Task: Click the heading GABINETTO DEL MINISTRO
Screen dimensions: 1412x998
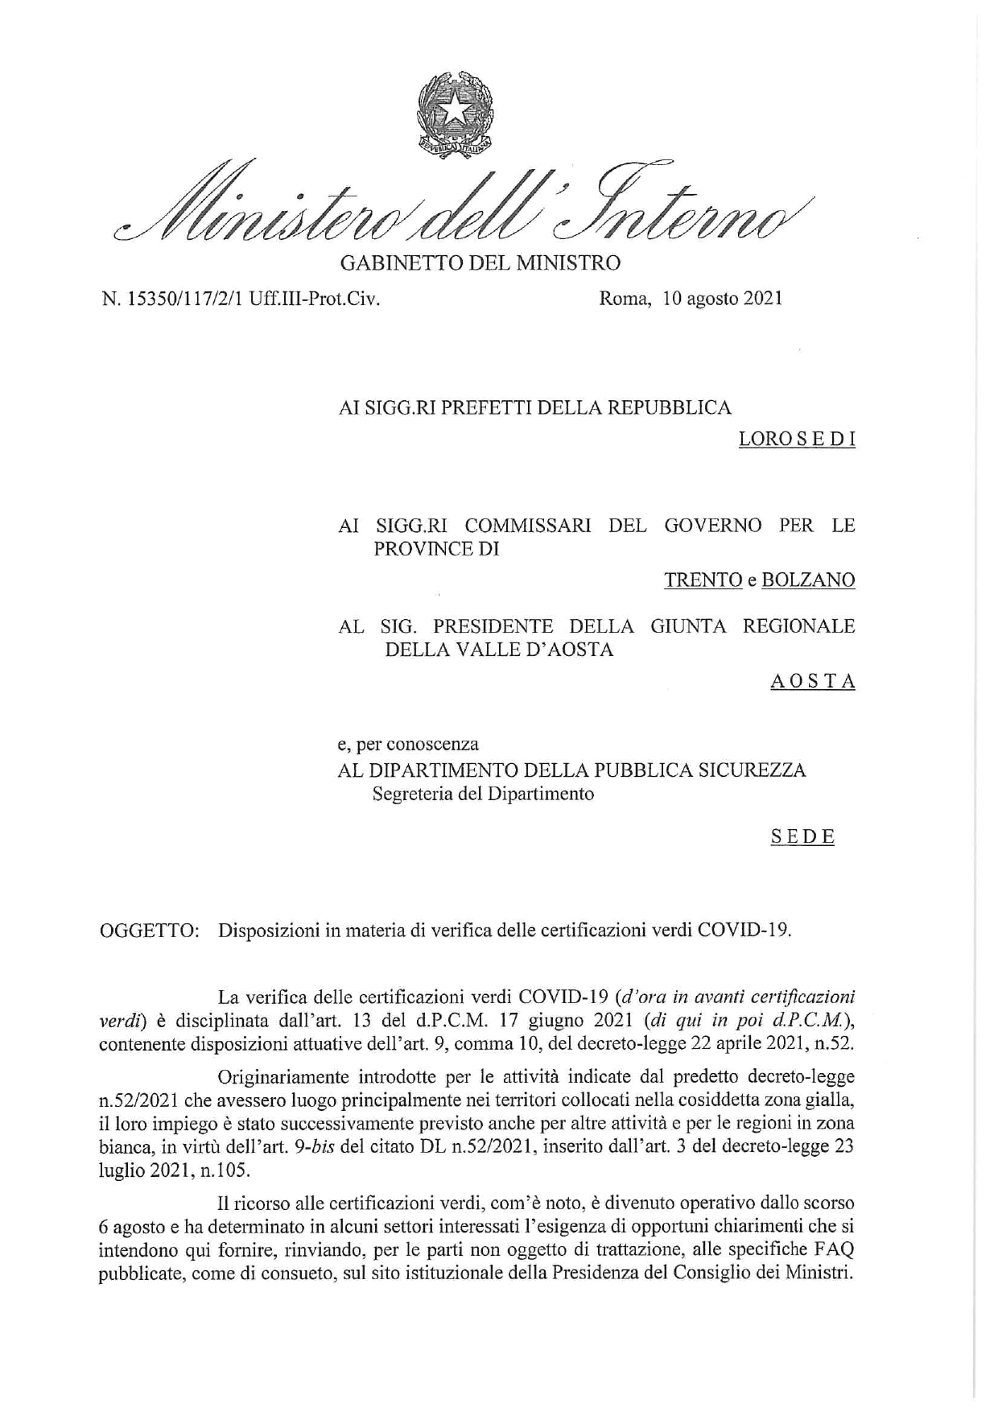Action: click(481, 262)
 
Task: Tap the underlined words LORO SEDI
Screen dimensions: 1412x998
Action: click(796, 440)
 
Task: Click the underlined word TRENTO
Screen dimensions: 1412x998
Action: click(703, 580)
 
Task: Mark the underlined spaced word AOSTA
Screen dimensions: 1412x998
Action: click(812, 682)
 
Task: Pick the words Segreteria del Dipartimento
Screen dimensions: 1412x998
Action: click(483, 795)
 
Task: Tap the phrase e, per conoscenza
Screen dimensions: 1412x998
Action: click(408, 745)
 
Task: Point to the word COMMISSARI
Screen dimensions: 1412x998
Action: click(528, 526)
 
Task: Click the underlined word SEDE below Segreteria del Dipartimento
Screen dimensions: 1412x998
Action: click(802, 837)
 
